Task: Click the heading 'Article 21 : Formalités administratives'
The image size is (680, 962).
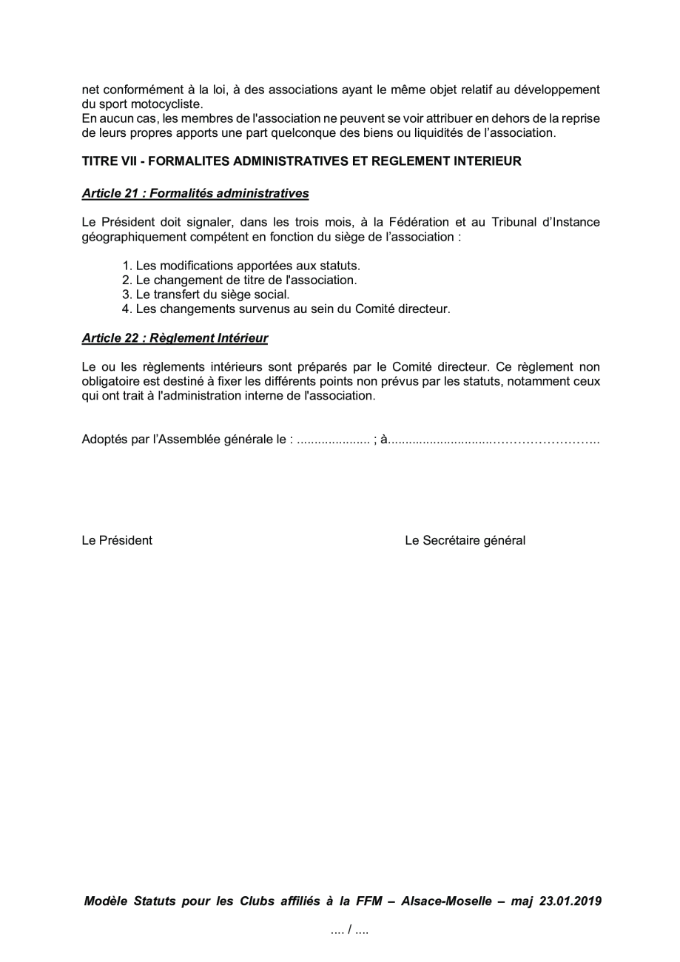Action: click(x=195, y=194)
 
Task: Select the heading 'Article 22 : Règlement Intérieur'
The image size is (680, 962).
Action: click(x=175, y=338)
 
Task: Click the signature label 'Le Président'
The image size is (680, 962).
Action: click(x=117, y=540)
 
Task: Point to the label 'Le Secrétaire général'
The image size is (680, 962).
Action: click(x=465, y=540)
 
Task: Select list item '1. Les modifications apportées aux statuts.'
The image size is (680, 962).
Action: click(x=241, y=266)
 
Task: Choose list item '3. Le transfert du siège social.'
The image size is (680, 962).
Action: click(x=206, y=295)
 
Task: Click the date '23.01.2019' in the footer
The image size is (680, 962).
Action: click(x=570, y=901)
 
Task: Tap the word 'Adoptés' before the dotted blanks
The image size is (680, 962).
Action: click(x=104, y=440)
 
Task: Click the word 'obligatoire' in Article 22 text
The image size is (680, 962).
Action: click(x=111, y=382)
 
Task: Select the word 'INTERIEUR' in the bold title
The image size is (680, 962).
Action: click(x=485, y=161)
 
